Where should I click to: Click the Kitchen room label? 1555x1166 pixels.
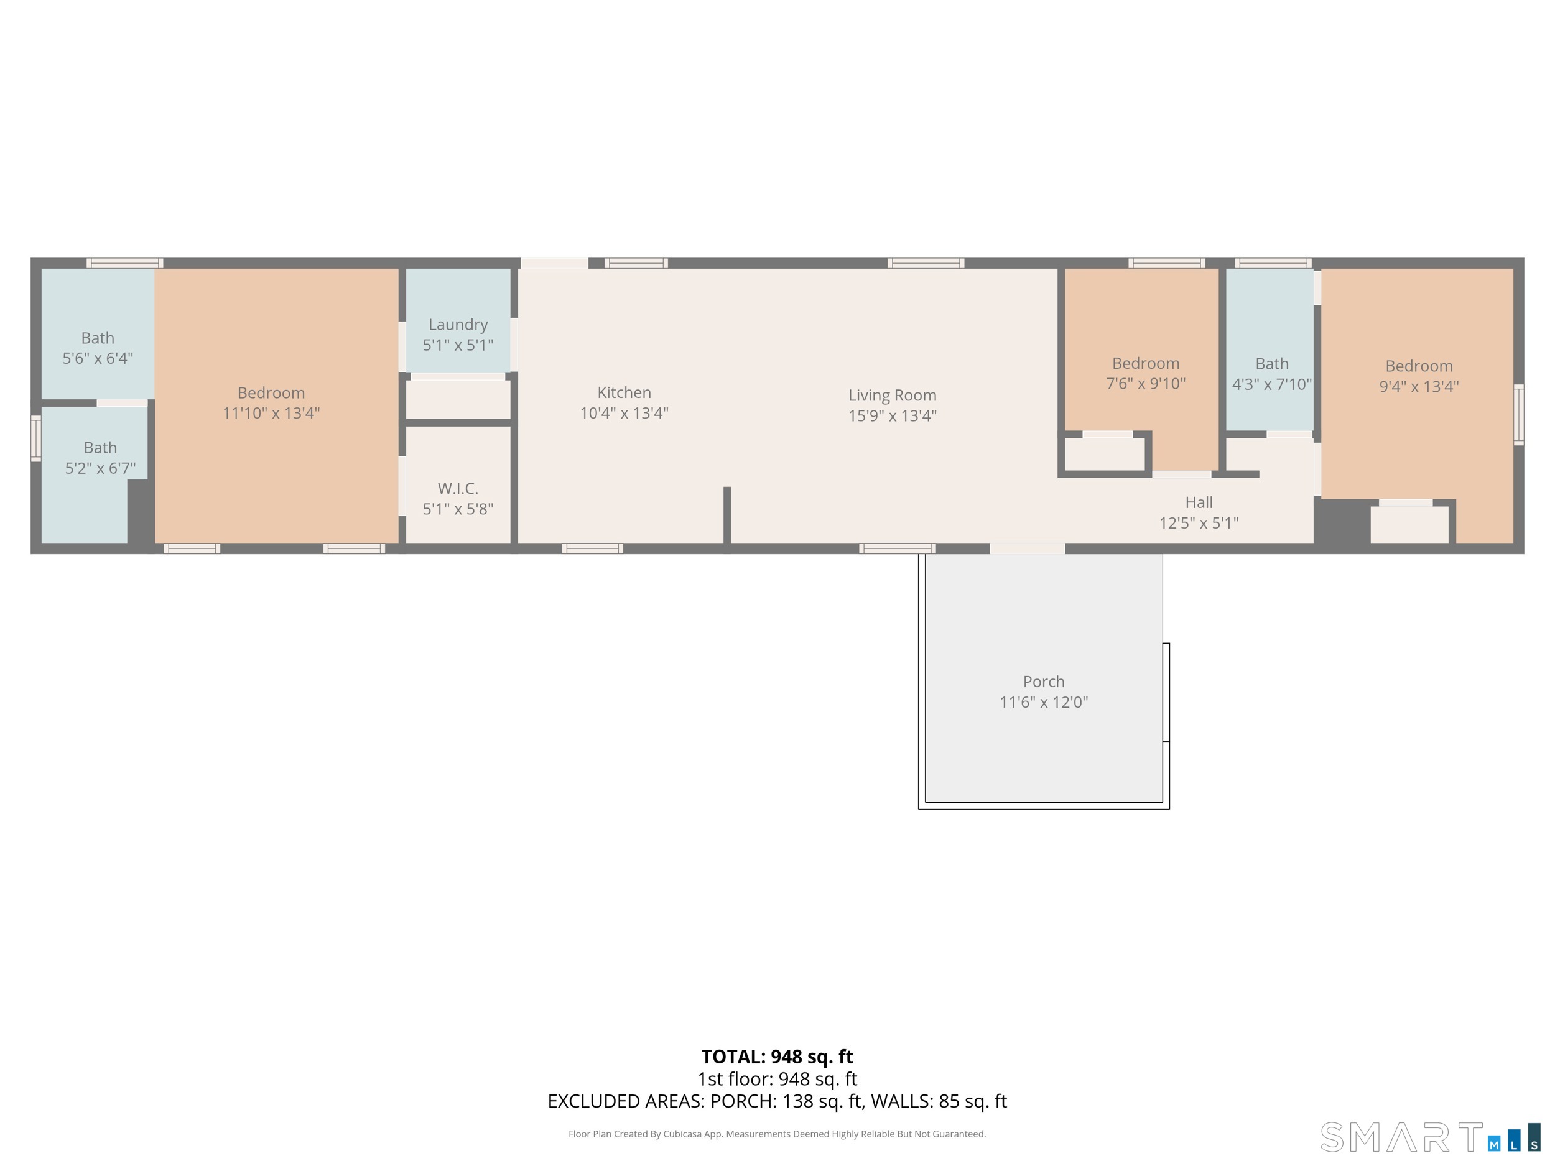[x=623, y=392]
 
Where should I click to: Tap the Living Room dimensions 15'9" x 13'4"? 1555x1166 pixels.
[x=892, y=415]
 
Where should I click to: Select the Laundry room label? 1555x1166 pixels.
[x=458, y=324]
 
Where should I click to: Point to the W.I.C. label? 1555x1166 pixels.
[x=458, y=488]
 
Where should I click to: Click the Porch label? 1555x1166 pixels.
[x=1043, y=681]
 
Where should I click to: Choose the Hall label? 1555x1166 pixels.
[x=1199, y=502]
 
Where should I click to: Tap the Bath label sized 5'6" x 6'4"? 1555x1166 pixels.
[x=98, y=338]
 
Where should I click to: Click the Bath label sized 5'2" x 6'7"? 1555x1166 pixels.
[x=100, y=448]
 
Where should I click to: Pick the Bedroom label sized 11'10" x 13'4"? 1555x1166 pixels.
[x=271, y=393]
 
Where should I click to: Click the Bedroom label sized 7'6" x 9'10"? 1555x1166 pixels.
[x=1145, y=363]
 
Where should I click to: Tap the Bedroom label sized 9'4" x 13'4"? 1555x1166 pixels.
[x=1419, y=366]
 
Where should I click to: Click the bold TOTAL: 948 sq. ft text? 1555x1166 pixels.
[x=777, y=1057]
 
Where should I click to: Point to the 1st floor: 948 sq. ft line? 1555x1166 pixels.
[x=777, y=1079]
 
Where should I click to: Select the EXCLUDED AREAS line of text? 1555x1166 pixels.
[x=777, y=1101]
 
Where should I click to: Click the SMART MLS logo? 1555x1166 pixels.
[x=1429, y=1137]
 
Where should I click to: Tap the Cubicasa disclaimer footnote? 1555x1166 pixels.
[x=777, y=1134]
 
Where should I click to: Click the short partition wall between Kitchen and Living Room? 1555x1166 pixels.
[x=727, y=515]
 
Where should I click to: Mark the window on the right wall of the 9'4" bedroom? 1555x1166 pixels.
[x=1518, y=415]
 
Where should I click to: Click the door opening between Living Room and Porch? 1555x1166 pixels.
[x=1027, y=548]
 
